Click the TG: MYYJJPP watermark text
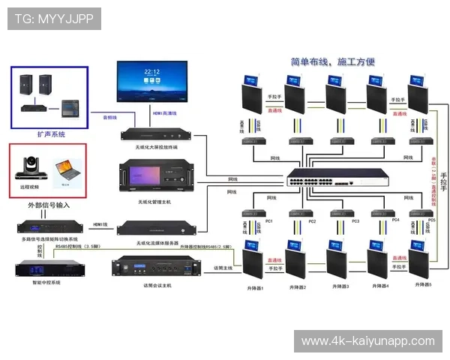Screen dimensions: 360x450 click(53, 18)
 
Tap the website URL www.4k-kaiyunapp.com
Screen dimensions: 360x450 click(367, 341)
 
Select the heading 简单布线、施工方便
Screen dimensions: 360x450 click(332, 62)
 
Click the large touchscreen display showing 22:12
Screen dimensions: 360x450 click(151, 80)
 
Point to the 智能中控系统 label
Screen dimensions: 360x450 click(46, 282)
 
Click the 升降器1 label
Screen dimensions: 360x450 click(256, 288)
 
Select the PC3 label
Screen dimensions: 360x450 click(355, 222)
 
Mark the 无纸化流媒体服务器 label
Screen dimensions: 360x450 click(157, 243)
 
